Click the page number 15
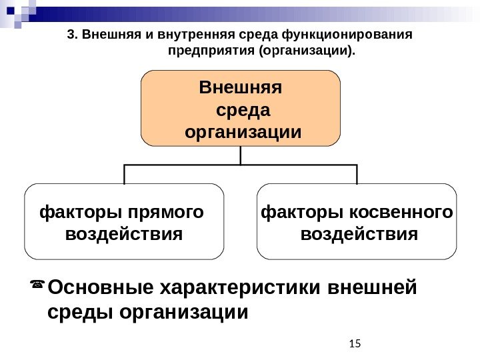354,343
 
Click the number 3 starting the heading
71,35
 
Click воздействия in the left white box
124,235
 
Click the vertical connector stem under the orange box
240,155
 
